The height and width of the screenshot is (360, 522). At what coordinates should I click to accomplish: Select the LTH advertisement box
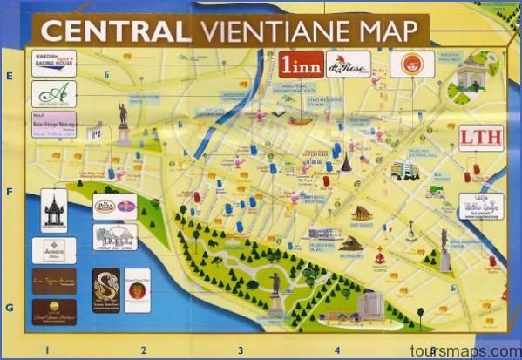coord(480,137)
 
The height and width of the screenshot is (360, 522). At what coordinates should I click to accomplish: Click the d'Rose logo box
coord(349,64)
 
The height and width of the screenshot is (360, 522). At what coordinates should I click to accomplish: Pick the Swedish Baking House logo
coord(53,64)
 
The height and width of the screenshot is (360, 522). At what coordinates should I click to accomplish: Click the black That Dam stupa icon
coord(346,162)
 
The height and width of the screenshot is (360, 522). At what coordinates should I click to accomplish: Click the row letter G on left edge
coord(10,308)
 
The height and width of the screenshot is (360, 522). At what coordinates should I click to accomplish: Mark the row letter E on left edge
coord(10,77)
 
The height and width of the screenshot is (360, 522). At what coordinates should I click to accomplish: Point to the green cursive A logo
coord(53,93)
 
